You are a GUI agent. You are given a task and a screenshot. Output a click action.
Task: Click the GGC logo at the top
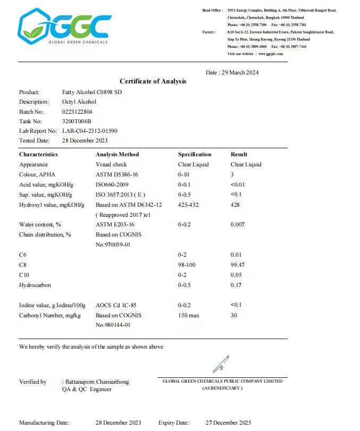coord(65,27)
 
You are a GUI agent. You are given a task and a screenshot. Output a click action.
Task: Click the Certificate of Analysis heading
coord(153,81)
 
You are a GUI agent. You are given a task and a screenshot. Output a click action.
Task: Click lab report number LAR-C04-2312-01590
coord(89,131)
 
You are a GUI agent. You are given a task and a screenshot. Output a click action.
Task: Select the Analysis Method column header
coord(117,155)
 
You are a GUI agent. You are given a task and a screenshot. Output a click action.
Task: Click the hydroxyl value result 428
coord(236,205)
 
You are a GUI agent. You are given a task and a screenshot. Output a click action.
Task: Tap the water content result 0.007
coord(238,225)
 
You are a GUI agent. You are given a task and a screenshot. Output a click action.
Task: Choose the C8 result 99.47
coord(238,265)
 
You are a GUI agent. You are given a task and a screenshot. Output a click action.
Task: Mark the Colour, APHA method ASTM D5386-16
coord(117,174)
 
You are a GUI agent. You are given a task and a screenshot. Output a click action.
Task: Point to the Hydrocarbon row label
coord(35,285)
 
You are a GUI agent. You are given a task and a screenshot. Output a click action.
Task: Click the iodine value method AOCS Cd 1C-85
coord(116,305)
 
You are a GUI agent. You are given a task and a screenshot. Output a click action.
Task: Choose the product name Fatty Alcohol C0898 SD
coord(88,92)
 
